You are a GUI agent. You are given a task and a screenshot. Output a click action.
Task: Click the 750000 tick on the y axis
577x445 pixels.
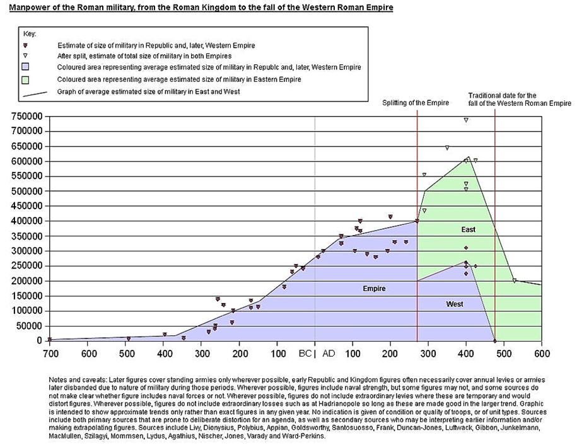(26, 117)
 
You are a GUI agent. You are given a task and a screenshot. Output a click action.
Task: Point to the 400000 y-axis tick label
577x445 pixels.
(26, 221)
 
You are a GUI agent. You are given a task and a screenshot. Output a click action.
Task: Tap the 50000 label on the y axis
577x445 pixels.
(28, 326)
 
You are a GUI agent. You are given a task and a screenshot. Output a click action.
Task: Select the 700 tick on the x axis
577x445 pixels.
(50, 354)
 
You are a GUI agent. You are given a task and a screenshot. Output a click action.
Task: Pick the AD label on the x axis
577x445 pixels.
(329, 354)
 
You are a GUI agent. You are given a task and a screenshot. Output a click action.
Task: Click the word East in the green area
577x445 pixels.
(468, 229)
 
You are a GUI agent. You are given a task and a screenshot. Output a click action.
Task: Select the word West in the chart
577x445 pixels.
(455, 304)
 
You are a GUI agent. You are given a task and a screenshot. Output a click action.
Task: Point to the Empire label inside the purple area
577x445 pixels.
(374, 289)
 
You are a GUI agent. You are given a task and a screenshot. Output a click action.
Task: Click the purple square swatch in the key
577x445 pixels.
(29, 67)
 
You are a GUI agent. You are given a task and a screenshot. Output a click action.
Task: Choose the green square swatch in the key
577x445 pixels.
(29, 79)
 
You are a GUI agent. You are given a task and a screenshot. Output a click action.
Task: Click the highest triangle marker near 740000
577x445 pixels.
(466, 120)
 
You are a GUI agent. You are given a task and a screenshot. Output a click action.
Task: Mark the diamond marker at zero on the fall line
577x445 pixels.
(495, 340)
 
